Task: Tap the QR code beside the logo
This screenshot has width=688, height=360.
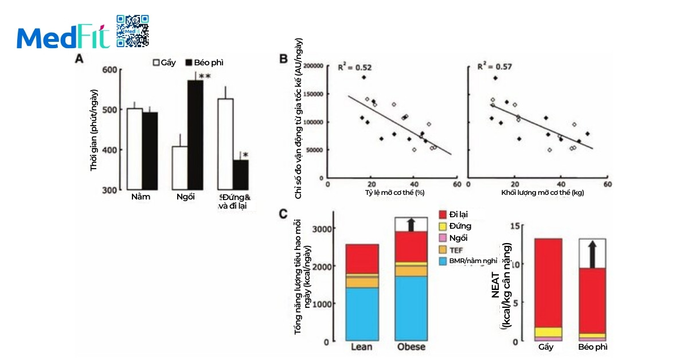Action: pos(132,31)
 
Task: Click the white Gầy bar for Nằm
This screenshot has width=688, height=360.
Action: pos(135,148)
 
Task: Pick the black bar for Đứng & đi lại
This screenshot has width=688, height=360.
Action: pos(241,174)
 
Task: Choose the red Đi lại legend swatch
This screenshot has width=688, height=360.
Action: pos(443,214)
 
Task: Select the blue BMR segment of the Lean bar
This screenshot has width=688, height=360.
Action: pos(362,314)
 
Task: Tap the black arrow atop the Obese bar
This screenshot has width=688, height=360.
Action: pos(411,224)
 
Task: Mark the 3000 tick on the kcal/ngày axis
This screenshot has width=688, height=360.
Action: pos(323,228)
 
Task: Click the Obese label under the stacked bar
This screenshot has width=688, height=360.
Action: pos(411,347)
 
